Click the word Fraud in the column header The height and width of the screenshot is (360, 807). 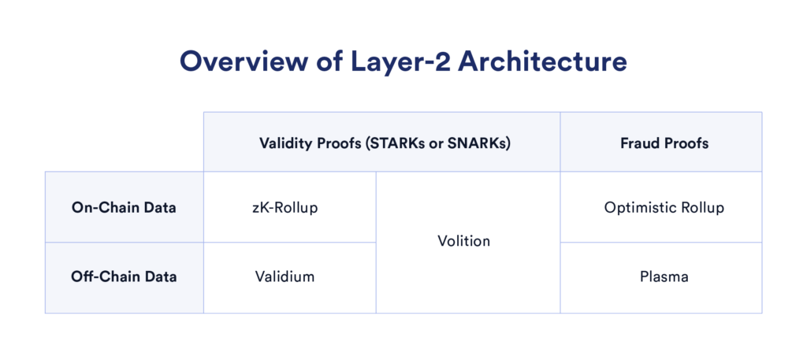tap(639, 143)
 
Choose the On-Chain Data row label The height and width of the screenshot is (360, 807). tap(124, 208)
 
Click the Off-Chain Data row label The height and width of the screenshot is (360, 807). tap(124, 276)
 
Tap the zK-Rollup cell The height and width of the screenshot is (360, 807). tap(289, 208)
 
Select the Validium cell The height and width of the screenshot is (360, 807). tap(289, 276)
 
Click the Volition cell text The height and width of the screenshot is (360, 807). tap(463, 241)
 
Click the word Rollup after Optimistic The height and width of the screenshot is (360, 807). tap(702, 208)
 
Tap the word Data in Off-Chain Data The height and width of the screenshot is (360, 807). tap(161, 276)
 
